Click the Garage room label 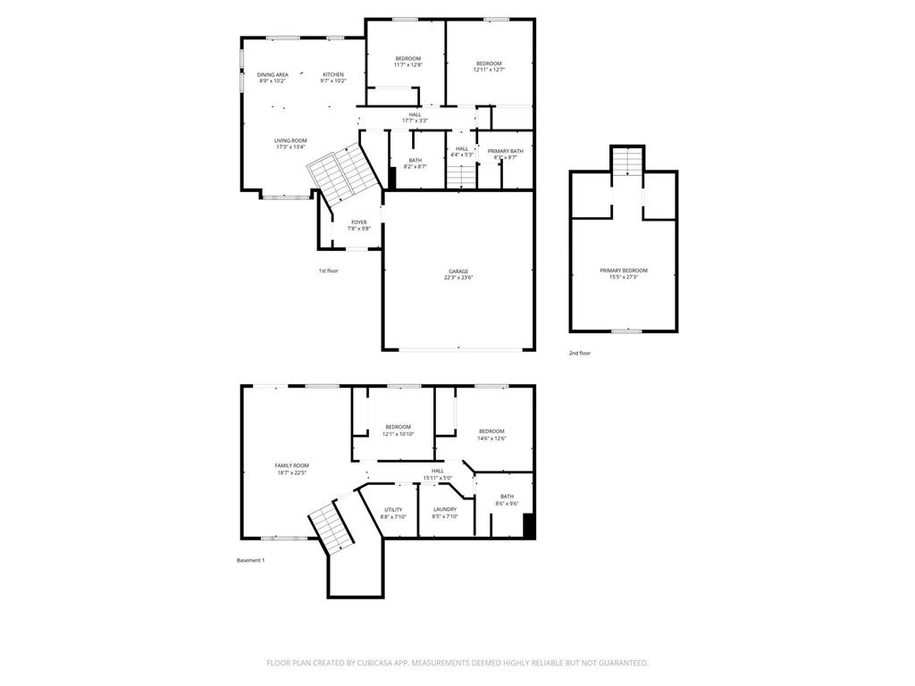[x=459, y=274]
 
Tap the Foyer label [x=358, y=225]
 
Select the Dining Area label [x=273, y=78]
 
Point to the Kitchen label [x=333, y=78]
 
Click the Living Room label [x=290, y=143]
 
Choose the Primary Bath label [x=505, y=154]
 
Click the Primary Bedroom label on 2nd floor [x=624, y=273]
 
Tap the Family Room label [x=291, y=469]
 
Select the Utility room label [x=393, y=513]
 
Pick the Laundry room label [x=445, y=513]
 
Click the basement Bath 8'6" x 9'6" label [x=507, y=500]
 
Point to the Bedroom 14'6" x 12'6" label [x=491, y=434]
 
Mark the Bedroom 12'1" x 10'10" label [x=398, y=430]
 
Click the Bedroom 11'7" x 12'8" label [x=407, y=62]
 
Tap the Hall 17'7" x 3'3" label [x=415, y=117]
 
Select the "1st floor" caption [x=328, y=271]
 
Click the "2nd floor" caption [x=580, y=353]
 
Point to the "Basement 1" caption [x=250, y=560]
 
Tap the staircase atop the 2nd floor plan [x=627, y=162]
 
